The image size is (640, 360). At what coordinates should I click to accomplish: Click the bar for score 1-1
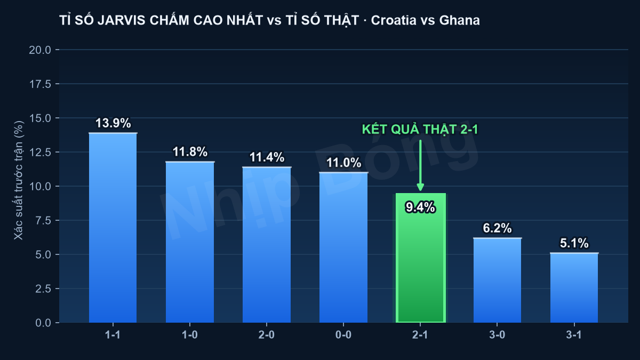(x=113, y=228)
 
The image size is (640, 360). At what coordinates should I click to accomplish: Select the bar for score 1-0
(x=190, y=242)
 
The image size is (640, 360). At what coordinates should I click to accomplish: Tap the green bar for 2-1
(x=421, y=258)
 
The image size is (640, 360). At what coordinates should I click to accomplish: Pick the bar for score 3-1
(x=574, y=287)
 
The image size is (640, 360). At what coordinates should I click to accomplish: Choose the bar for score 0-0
(x=343, y=247)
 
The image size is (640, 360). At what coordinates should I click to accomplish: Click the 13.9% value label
(x=113, y=123)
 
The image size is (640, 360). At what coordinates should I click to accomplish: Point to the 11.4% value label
(x=267, y=157)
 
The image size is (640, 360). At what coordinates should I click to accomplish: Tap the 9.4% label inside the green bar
(x=421, y=207)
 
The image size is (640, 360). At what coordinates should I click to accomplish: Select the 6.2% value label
(x=497, y=228)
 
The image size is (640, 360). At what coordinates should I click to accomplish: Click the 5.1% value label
(x=574, y=243)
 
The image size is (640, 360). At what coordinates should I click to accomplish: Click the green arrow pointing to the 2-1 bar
(x=420, y=165)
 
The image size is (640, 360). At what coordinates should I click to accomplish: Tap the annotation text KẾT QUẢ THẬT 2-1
(x=420, y=130)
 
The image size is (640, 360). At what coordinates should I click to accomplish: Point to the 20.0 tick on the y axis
(x=40, y=50)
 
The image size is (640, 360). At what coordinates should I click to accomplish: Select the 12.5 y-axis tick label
(x=40, y=153)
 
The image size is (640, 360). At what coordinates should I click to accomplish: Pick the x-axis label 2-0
(x=267, y=335)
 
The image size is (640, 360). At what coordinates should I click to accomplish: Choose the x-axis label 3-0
(x=497, y=335)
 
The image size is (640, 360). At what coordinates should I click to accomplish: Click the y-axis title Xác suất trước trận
(x=19, y=180)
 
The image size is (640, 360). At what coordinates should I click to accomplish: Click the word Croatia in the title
(x=390, y=20)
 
